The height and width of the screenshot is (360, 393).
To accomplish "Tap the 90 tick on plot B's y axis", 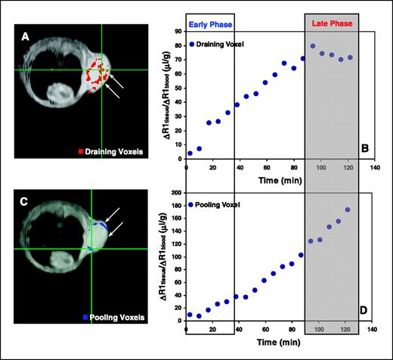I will pyautogui.click(x=178, y=32).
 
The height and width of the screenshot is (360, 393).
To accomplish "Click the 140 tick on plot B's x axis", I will pyautogui.click(x=373, y=167).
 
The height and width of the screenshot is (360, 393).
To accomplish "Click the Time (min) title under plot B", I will pyautogui.click(x=279, y=182).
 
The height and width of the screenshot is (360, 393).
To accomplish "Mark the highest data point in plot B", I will pyautogui.click(x=312, y=46).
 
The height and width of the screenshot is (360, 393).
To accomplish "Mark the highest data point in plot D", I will pyautogui.click(x=348, y=209).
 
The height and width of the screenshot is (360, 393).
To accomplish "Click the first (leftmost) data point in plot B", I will pyautogui.click(x=190, y=154).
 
